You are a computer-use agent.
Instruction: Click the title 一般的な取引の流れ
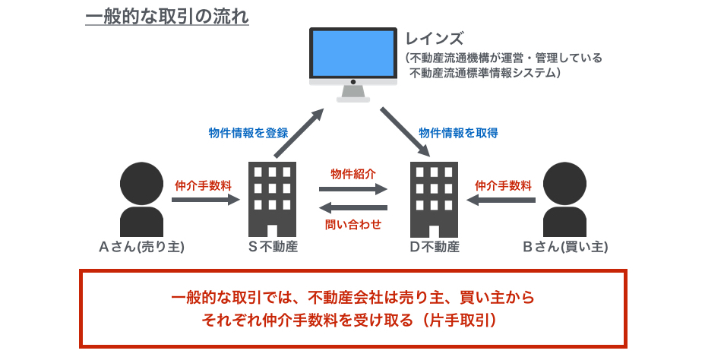click(167, 17)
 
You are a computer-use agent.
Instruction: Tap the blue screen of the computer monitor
click(353, 54)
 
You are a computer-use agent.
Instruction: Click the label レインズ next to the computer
click(434, 39)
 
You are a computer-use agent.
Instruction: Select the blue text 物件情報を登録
click(248, 133)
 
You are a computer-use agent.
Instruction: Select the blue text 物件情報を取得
click(458, 133)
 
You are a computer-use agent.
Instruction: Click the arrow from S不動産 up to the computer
click(299, 133)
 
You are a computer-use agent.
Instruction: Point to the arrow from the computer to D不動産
click(406, 132)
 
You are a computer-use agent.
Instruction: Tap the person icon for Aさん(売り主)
click(141, 199)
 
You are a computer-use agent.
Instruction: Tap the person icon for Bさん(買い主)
click(564, 199)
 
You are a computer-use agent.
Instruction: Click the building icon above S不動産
click(273, 199)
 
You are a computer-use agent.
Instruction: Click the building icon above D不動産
click(434, 199)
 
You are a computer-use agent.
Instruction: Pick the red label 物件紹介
click(353, 175)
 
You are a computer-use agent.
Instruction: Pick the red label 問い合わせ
click(353, 224)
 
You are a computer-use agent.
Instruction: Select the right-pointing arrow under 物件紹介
click(353, 189)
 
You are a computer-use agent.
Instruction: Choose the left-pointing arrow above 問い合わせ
click(353, 207)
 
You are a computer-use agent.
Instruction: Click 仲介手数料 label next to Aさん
click(204, 185)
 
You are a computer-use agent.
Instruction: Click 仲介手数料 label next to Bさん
click(504, 185)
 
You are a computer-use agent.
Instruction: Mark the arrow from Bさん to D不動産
click(501, 200)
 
